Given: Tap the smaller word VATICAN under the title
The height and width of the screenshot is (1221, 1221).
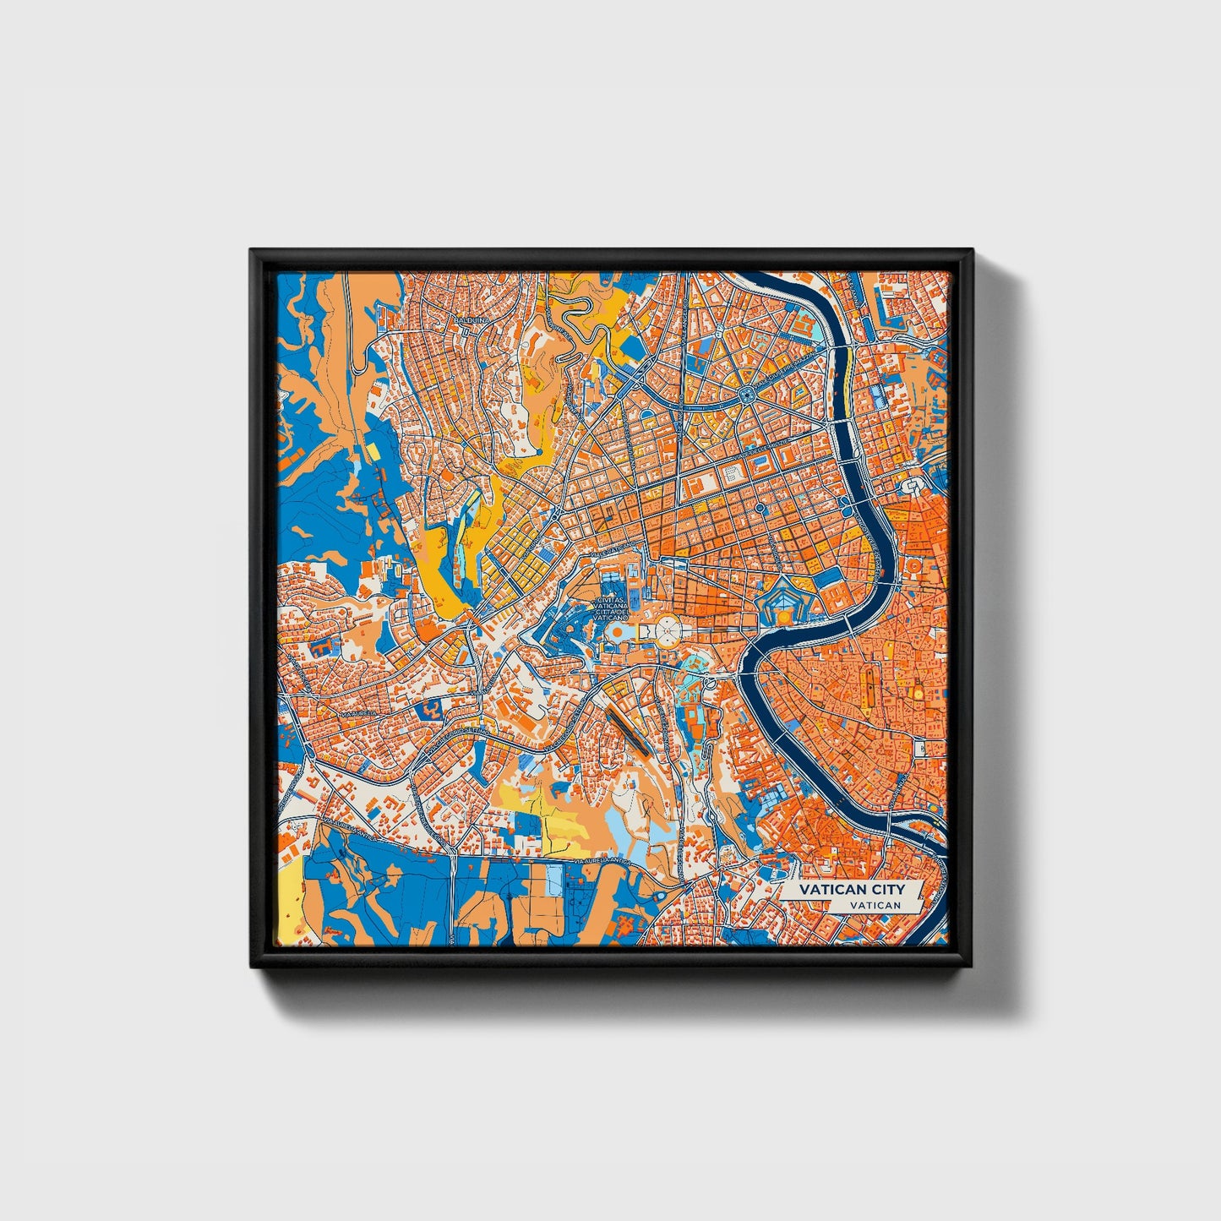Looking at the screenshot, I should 875,905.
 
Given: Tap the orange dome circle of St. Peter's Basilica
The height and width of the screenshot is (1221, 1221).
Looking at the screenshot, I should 619,631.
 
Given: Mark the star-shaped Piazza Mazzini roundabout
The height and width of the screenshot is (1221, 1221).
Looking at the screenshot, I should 747,395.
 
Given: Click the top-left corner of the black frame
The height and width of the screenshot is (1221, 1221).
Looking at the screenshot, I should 252,251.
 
